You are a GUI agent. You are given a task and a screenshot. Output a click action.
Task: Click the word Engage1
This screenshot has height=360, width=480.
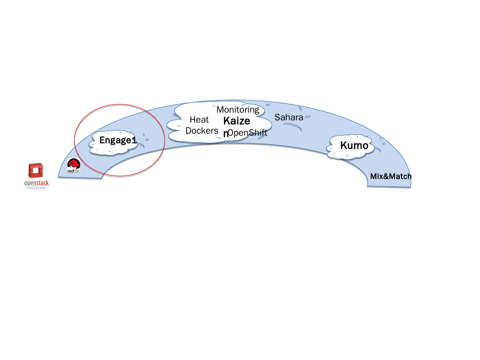tap(118, 140)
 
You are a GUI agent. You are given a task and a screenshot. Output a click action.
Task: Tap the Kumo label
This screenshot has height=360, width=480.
tap(354, 146)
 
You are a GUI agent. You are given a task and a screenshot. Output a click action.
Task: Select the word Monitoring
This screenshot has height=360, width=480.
tap(238, 110)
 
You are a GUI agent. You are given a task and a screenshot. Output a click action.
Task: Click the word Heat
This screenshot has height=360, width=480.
tap(199, 120)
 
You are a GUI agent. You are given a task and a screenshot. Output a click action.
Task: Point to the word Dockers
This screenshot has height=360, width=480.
tap(202, 131)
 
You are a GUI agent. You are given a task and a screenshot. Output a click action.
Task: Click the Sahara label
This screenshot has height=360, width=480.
tap(289, 117)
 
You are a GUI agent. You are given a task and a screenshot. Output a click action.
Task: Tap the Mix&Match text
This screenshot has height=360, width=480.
tap(391, 176)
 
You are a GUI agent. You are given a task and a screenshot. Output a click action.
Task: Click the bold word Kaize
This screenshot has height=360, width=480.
tap(237, 121)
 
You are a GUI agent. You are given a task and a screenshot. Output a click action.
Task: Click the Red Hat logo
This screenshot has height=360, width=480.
tap(74, 166)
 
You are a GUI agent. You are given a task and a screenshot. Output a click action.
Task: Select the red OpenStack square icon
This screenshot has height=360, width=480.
tap(36, 171)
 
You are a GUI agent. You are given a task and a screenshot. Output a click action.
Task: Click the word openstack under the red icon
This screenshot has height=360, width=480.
tap(36, 183)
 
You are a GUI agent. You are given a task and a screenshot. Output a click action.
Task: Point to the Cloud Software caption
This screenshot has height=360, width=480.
tap(36, 188)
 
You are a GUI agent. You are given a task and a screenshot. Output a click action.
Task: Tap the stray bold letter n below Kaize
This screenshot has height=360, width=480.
tap(226, 134)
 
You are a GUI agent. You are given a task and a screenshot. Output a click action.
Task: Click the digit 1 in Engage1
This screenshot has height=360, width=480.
tap(134, 140)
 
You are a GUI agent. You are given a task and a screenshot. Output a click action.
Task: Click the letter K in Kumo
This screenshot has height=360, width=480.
tap(343, 146)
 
